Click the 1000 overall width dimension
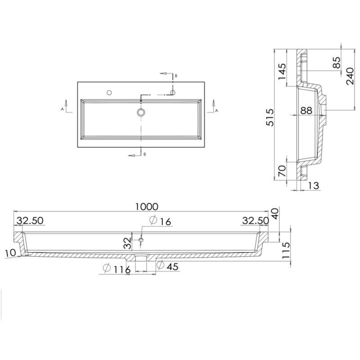coord(147,207)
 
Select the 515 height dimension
coord(270,117)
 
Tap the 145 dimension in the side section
coord(282,72)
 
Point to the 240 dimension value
coord(350,76)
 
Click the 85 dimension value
coord(337,63)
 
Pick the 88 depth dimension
coord(306,110)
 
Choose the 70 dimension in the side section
coord(282,171)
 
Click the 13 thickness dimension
coord(314,185)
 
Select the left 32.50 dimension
coord(30,220)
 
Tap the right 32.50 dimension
coord(256,220)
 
